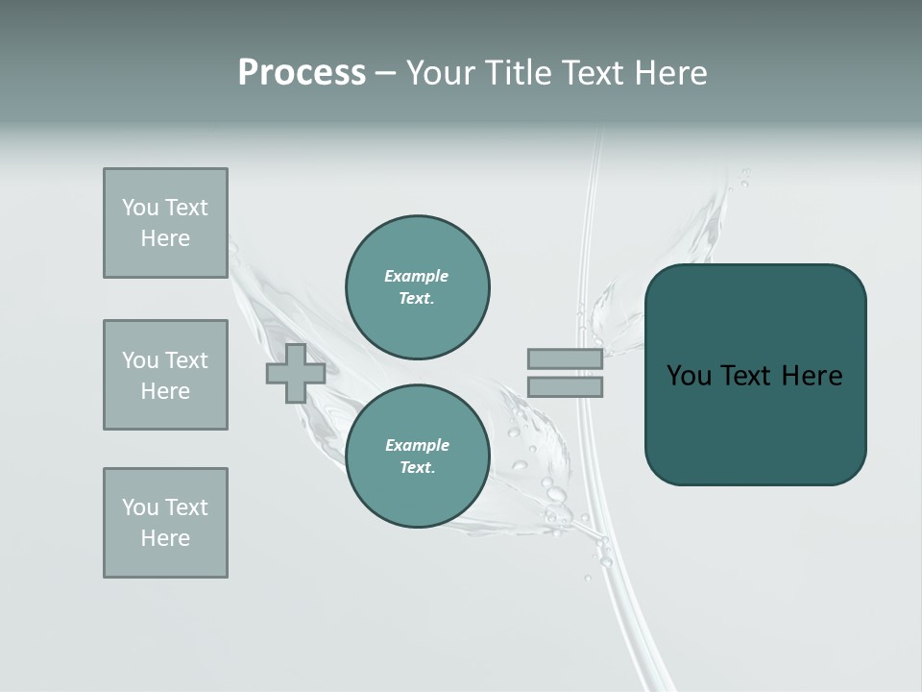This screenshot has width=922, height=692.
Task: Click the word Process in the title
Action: (302, 73)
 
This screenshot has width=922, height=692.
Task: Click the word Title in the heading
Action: (516, 73)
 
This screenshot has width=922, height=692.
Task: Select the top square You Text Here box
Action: (165, 223)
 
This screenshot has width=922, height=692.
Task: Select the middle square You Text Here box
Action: (165, 375)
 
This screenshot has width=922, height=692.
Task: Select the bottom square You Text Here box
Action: (165, 523)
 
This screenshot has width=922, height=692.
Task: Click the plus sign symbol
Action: (296, 373)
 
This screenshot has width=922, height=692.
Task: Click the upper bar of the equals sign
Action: (565, 358)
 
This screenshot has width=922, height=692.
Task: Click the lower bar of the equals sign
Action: (565, 386)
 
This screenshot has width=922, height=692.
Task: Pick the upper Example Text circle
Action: (418, 287)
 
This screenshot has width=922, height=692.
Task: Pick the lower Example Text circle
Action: (418, 457)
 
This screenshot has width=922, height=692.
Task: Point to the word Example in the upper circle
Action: (417, 276)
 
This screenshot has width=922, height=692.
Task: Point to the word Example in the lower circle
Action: (417, 445)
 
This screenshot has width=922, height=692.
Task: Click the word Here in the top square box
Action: (165, 238)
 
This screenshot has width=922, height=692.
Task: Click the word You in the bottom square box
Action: (140, 507)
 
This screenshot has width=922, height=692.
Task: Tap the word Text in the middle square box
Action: (185, 360)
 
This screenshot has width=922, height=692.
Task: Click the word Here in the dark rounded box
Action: (812, 376)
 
